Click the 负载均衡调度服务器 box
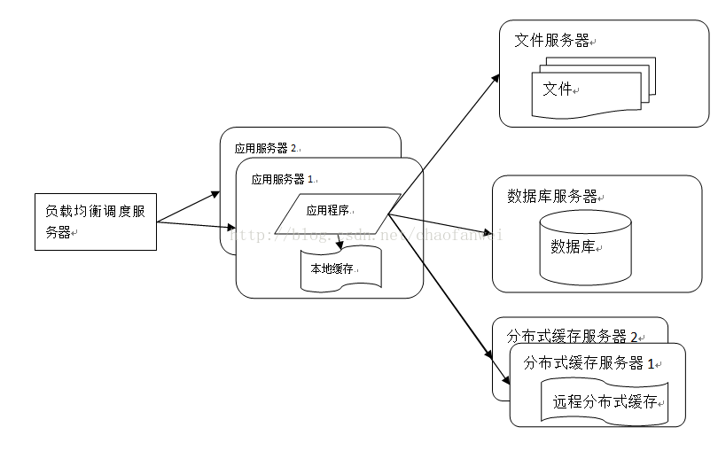tap(96, 221)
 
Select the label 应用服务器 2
tap(265, 148)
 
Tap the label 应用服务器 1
tap(283, 178)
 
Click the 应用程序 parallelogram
tap(332, 213)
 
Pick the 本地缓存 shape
tap(340, 269)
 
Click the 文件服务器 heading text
tap(551, 41)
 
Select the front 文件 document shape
tap(585, 92)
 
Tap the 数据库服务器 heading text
tap(551, 196)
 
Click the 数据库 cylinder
tap(585, 247)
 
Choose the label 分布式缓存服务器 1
tap(589, 362)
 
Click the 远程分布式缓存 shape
tap(605, 401)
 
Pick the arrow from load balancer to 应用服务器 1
tap(196, 226)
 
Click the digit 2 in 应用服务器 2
tap(293, 148)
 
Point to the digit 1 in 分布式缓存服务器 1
tap(651, 362)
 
